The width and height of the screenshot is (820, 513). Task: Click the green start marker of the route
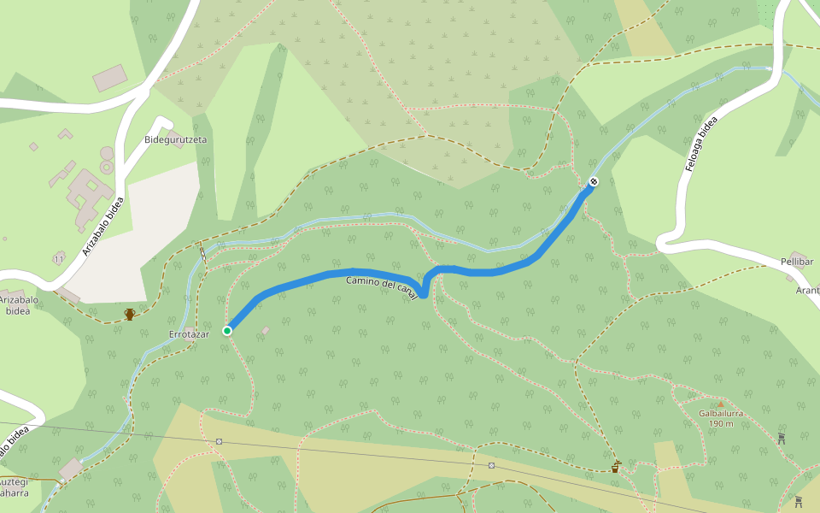(x=227, y=331)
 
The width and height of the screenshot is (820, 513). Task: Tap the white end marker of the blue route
(x=593, y=181)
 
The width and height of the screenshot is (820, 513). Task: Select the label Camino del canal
(x=382, y=286)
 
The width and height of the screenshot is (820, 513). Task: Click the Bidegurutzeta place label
(x=176, y=139)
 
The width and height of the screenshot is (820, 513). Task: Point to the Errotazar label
(x=189, y=333)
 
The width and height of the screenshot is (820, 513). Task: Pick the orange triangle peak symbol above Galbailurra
(x=720, y=404)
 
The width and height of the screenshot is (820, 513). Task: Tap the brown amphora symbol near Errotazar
(x=130, y=314)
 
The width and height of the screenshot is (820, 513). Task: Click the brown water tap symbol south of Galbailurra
(x=615, y=467)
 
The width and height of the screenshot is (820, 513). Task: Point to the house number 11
(x=58, y=258)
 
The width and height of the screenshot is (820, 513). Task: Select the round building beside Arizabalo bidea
(x=107, y=153)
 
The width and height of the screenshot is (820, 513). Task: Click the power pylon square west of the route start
(x=220, y=442)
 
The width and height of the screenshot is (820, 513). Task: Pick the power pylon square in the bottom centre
(x=492, y=466)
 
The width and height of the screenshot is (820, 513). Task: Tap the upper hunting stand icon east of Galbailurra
(x=781, y=439)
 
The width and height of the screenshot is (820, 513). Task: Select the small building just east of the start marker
(x=266, y=330)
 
